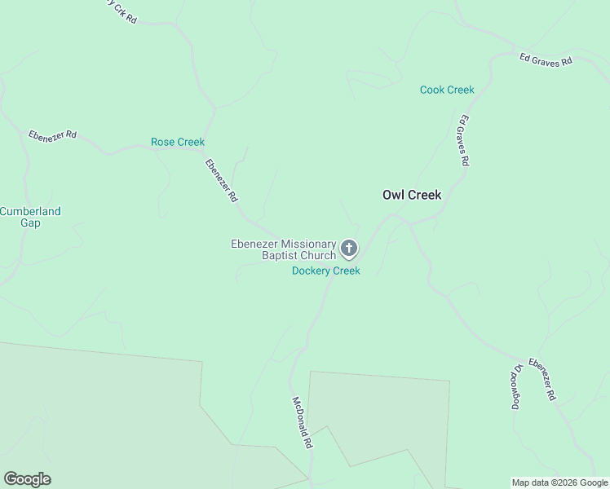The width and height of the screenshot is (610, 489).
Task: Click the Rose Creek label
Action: tap(178, 142)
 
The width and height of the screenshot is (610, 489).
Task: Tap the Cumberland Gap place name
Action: tap(30, 217)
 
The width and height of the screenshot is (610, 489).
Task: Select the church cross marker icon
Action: tap(349, 249)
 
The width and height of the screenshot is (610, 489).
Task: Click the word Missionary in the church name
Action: tap(308, 244)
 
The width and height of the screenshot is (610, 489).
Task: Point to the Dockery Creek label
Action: tap(326, 271)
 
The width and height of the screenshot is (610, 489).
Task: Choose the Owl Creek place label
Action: tap(412, 195)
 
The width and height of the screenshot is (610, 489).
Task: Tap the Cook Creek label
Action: tap(447, 90)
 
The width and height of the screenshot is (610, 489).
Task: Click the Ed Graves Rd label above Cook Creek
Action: tap(546, 59)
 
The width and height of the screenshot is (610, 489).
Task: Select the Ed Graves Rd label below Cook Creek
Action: tap(462, 140)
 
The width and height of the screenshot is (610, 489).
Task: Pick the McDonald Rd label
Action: tap(302, 424)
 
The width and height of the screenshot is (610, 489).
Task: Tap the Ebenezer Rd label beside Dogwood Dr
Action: tap(542, 379)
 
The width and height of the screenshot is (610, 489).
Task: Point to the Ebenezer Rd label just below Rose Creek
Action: tap(221, 180)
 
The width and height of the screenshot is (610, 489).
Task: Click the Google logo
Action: tap(27, 479)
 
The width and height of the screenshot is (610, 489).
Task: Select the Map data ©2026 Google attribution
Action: tap(559, 482)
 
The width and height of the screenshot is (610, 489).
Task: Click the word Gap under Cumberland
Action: tap(30, 222)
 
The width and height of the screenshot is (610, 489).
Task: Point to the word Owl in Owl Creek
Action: tap(393, 195)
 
